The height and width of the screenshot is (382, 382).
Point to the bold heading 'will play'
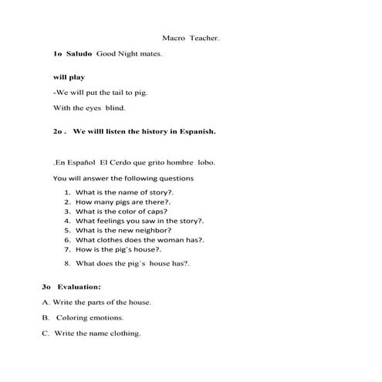pos(69,78)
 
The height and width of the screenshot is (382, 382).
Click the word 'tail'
pos(122,93)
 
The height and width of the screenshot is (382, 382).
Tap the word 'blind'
pos(114,108)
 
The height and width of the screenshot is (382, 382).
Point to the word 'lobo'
pos(206,163)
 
